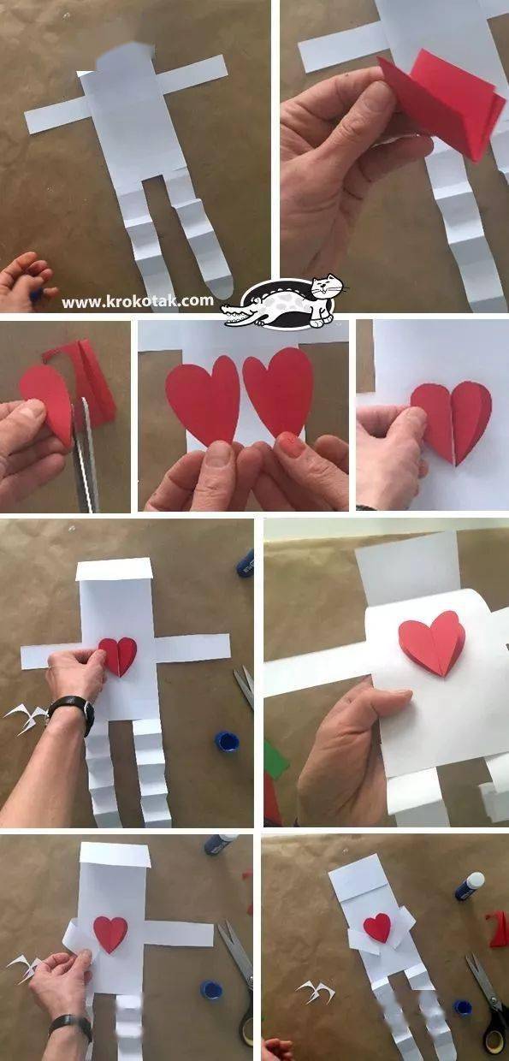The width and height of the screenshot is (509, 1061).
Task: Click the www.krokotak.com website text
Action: click(138, 301)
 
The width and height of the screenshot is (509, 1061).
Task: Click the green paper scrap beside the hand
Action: click(276, 756)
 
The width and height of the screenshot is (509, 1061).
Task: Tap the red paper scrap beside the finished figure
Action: click(498, 929)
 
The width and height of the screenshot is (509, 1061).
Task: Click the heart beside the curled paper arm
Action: click(111, 934)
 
